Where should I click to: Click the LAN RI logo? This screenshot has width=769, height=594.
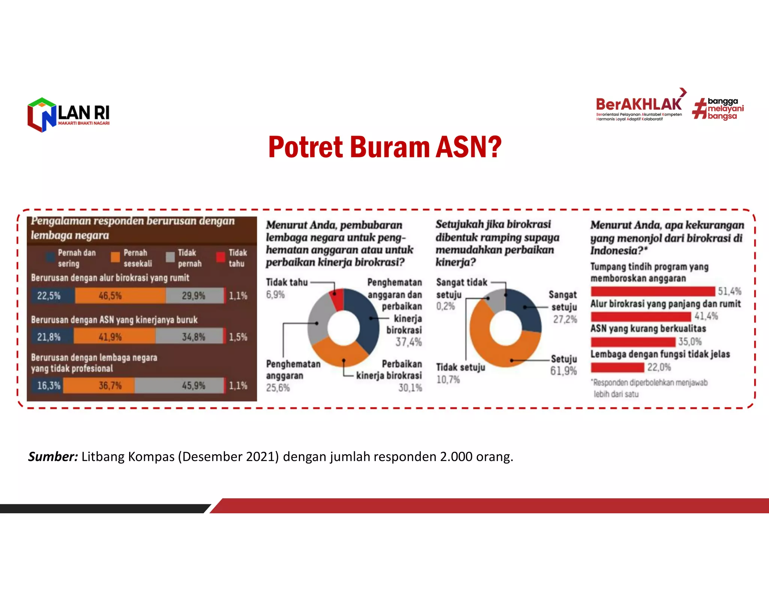tap(68, 115)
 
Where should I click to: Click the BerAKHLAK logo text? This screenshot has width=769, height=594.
tap(638, 104)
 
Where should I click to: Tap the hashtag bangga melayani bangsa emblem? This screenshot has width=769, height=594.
tap(718, 109)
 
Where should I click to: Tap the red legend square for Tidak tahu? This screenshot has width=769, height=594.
tap(221, 257)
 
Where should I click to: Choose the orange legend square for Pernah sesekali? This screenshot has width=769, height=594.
tap(115, 257)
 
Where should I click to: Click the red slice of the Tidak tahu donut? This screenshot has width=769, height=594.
tap(338, 299)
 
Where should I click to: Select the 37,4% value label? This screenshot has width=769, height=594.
tap(409, 342)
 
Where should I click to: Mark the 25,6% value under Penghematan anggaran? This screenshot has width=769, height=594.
tap(278, 388)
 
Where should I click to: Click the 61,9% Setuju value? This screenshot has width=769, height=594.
tap(563, 371)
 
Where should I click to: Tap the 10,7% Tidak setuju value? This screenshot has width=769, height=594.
tap(448, 380)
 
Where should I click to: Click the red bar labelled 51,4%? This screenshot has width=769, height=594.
tap(653, 291)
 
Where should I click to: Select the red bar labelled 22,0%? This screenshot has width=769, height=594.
tap(618, 367)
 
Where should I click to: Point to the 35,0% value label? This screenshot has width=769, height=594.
tap(690, 342)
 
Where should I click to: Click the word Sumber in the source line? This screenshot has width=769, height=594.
tap(53, 457)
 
